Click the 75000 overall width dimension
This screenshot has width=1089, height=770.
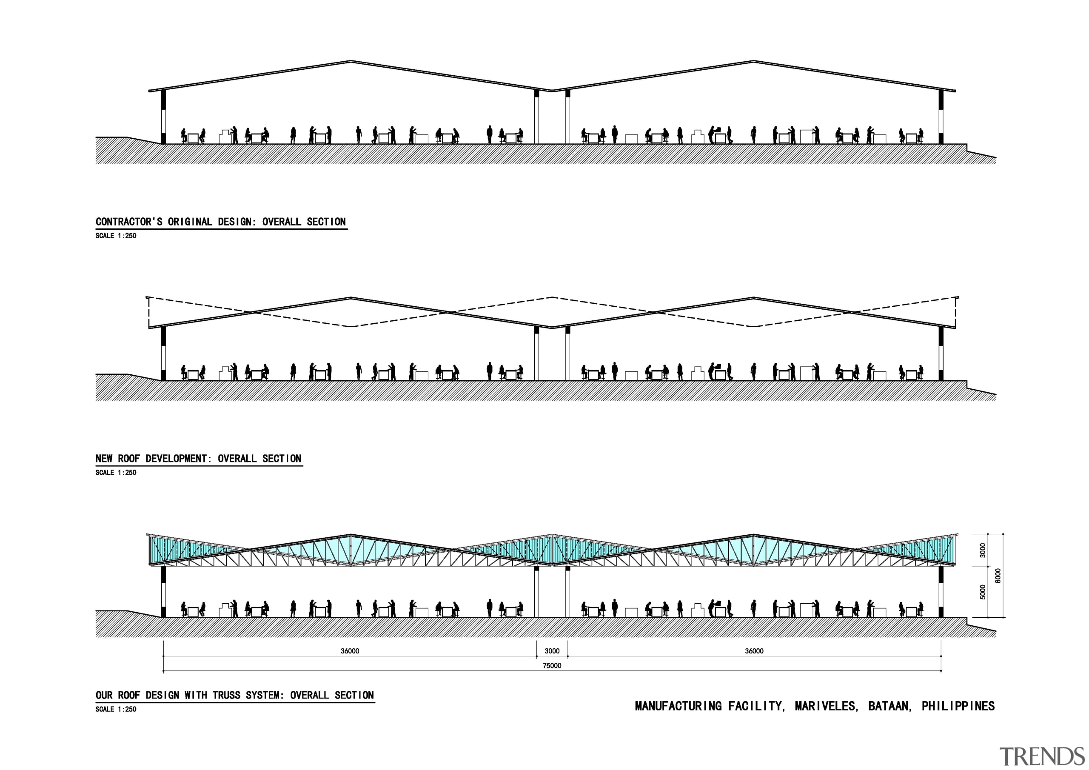pos(552,666)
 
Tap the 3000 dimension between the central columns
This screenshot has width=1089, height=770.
pos(552,651)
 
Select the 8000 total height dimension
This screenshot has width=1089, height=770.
pos(998,576)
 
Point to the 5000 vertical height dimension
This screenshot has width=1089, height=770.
pos(983,592)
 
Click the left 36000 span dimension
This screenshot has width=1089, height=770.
pos(350,651)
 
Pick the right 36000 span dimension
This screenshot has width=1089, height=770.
pos(754,651)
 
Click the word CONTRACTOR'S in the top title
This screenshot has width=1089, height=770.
pos(129,222)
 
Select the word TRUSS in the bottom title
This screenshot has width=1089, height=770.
pos(227,695)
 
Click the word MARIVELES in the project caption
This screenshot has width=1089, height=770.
pos(826,706)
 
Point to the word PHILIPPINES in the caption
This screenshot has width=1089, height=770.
pos(958,706)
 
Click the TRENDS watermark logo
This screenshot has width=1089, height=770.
pos(1042,756)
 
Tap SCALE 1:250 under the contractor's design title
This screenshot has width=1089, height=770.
pos(116,236)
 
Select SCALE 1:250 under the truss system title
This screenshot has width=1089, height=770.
pos(116,709)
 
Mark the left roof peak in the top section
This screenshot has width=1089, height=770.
pos(351,61)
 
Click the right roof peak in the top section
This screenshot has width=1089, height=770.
pos(754,61)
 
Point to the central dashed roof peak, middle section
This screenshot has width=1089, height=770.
pos(552,297)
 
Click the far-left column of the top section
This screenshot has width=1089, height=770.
pos(163,117)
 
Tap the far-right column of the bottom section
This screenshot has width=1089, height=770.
pos(941,592)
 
